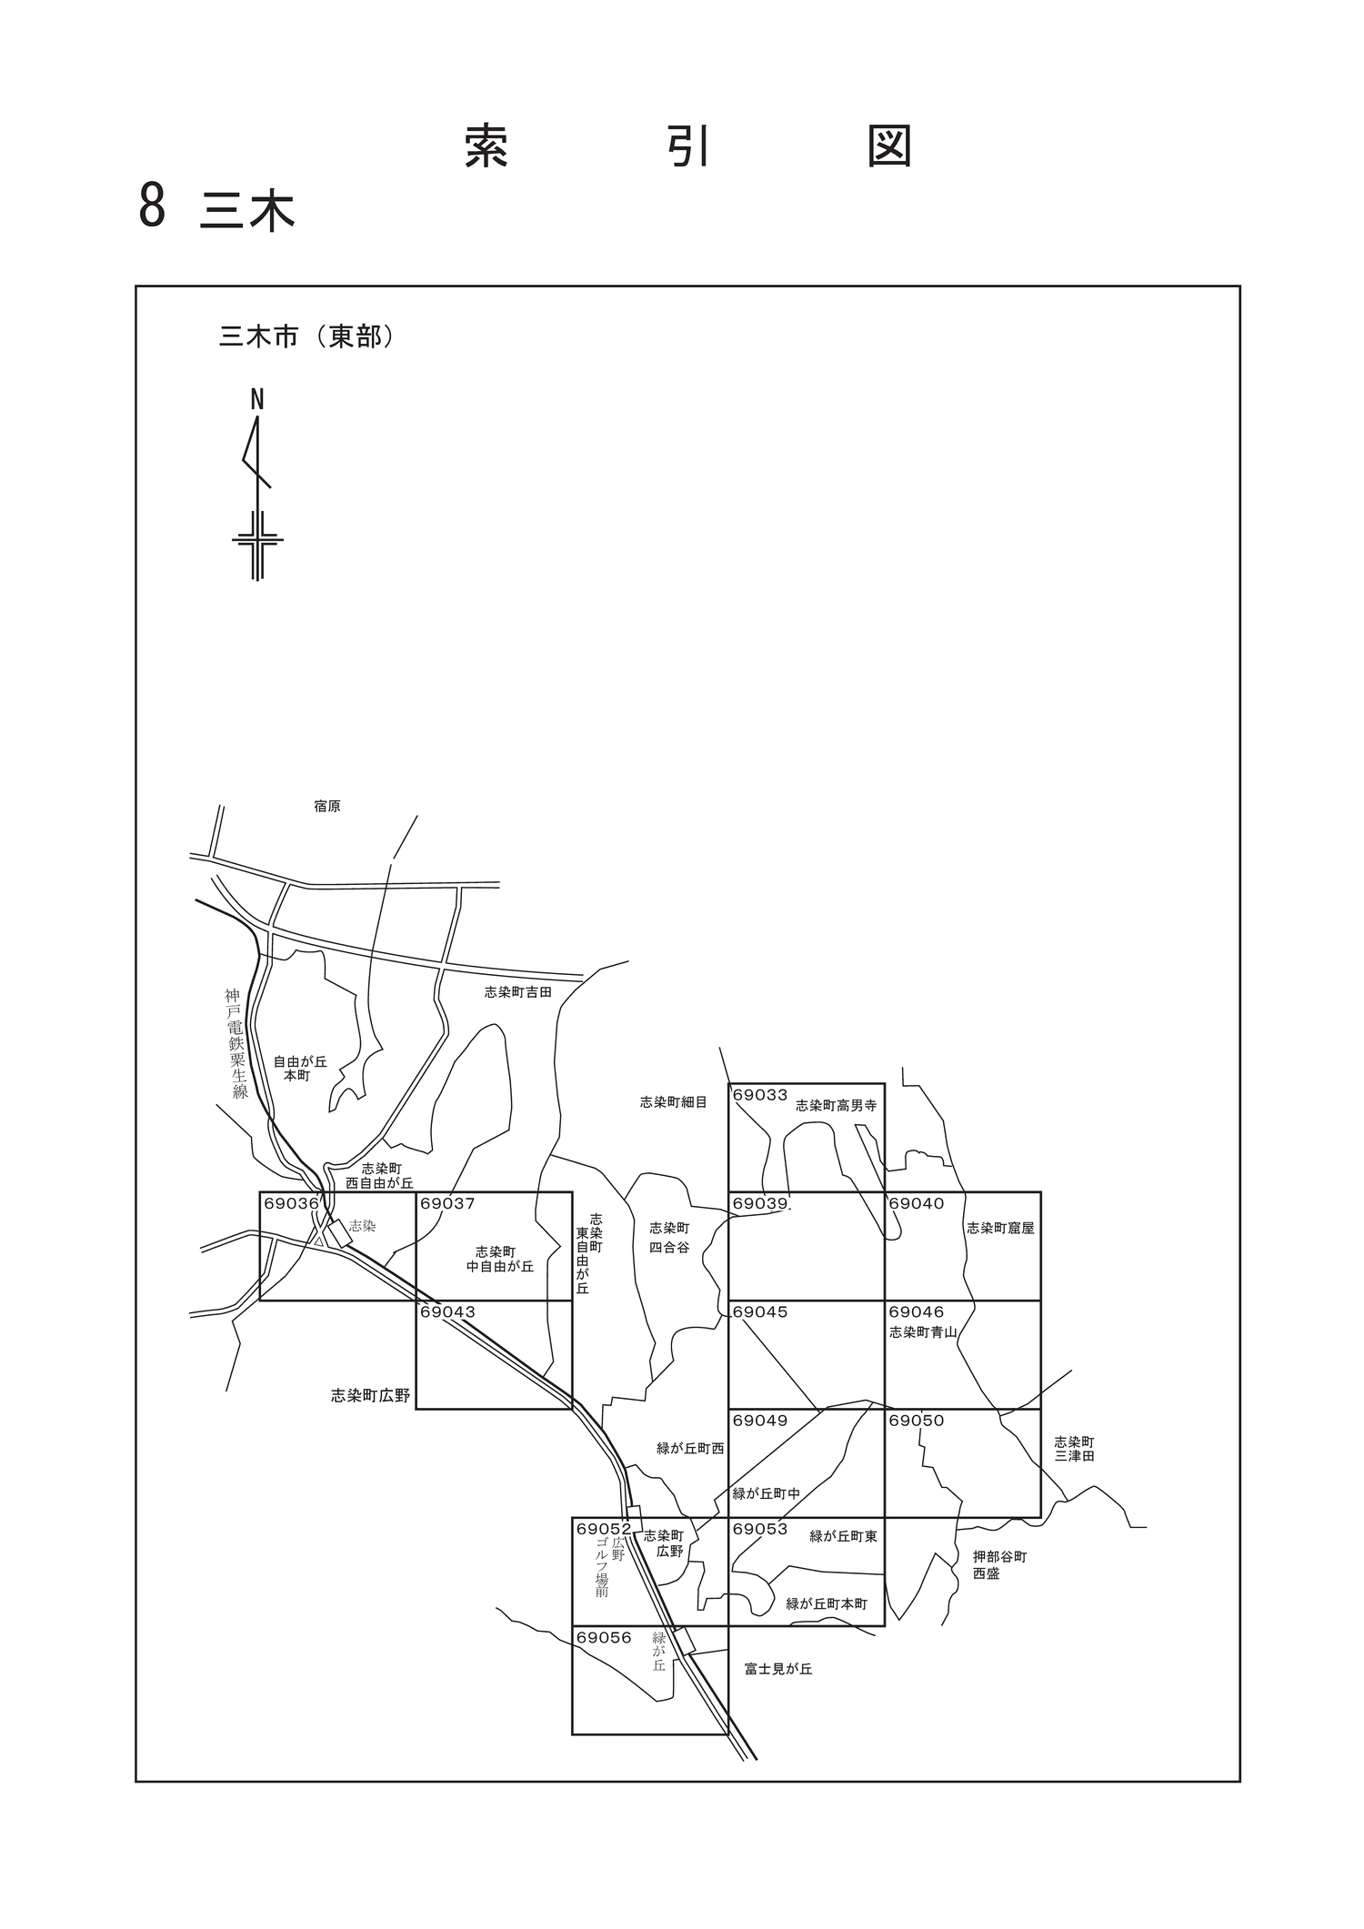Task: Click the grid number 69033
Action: click(x=760, y=1095)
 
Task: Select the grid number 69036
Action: click(x=291, y=1203)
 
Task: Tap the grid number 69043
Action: click(x=447, y=1312)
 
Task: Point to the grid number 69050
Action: click(x=917, y=1421)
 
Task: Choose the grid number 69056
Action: click(x=604, y=1638)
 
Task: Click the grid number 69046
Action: click(x=917, y=1312)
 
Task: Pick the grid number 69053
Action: click(x=760, y=1530)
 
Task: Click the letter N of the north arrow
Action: click(x=257, y=399)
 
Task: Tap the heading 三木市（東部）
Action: click(x=307, y=337)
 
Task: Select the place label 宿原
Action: click(x=327, y=807)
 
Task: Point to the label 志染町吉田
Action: click(x=518, y=992)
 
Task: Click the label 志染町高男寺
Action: click(x=836, y=1106)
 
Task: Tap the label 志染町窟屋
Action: click(x=1000, y=1228)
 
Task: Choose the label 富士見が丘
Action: click(x=778, y=1669)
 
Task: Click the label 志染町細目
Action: click(x=674, y=1102)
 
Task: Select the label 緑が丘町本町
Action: click(x=827, y=1603)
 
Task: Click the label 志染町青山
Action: click(x=923, y=1332)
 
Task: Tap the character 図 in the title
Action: click(x=889, y=146)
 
